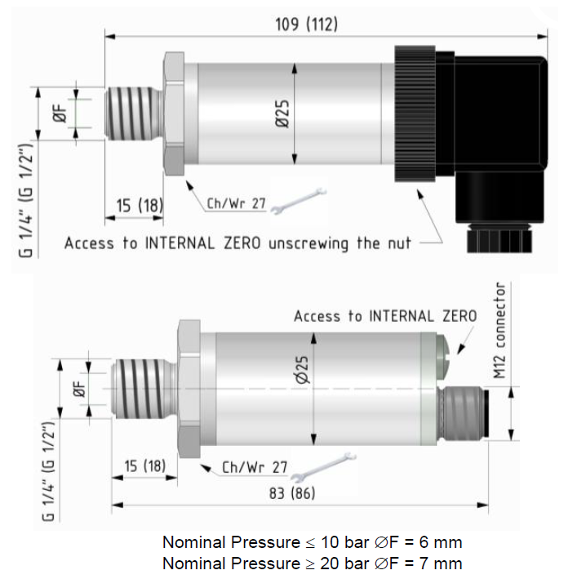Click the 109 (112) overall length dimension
pyautogui.click(x=305, y=25)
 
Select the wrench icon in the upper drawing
pyautogui.click(x=290, y=203)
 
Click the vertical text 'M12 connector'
pyautogui.click(x=500, y=331)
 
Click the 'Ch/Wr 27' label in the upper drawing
pyautogui.click(x=236, y=203)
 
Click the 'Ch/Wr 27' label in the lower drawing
pyautogui.click(x=255, y=468)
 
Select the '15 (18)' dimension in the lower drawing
pyautogui.click(x=145, y=465)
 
